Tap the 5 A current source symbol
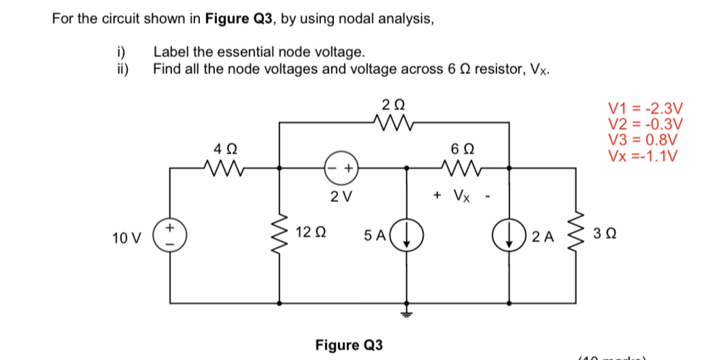click(408, 236)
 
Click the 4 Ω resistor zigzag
click(223, 167)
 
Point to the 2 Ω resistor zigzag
click(393, 123)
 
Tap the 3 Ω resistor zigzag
click(577, 235)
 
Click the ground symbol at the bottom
click(408, 312)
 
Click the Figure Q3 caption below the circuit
click(348, 344)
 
